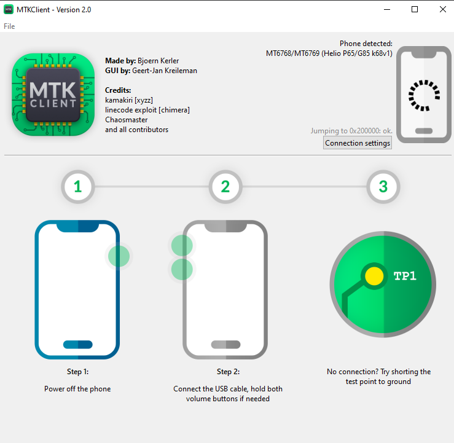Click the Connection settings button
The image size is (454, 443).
click(x=358, y=143)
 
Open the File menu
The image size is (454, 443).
click(x=9, y=26)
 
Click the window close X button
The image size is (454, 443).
click(x=443, y=9)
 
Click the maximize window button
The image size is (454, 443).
click(x=415, y=9)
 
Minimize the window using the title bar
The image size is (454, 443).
click(x=387, y=10)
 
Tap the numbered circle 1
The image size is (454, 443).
click(x=78, y=187)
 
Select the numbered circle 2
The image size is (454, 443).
click(x=225, y=187)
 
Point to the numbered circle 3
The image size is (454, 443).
click(x=383, y=187)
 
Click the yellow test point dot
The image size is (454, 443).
click(x=374, y=276)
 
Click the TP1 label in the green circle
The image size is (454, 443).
click(x=405, y=276)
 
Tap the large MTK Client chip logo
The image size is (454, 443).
click(x=53, y=95)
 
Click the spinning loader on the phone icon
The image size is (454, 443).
click(x=424, y=95)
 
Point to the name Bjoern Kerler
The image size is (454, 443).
click(x=158, y=61)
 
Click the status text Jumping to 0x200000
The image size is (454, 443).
click(x=351, y=131)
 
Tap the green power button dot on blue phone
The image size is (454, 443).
click(x=119, y=256)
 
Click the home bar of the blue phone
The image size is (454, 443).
click(x=78, y=345)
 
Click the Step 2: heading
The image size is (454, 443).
click(x=228, y=372)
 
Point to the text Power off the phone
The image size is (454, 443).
click(x=77, y=389)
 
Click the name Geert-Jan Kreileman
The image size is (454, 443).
click(x=165, y=71)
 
